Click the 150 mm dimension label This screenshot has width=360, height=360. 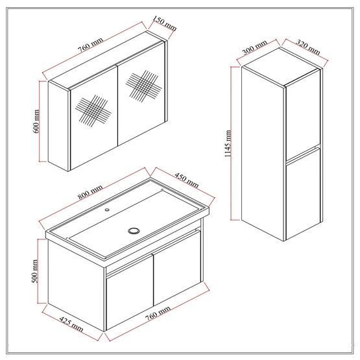point(164,23)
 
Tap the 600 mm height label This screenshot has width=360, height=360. point(36,121)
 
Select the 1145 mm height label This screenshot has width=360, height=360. point(228,143)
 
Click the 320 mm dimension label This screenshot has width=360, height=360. point(307,47)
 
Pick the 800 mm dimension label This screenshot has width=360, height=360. point(90,192)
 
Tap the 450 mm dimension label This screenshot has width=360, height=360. point(187,180)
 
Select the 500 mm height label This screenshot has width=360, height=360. point(35,271)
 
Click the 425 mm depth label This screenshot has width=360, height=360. point(71,324)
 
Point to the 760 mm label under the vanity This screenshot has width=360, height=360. point(158,313)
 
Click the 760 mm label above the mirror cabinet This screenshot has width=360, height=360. point(90,45)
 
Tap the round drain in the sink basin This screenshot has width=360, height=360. point(134,230)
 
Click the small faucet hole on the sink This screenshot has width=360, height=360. point(107,210)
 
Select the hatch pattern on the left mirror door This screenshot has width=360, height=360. point(93,111)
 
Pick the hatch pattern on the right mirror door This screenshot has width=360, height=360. point(143,86)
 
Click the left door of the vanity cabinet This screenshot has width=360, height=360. point(130,293)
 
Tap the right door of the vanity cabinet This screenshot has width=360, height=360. point(177,268)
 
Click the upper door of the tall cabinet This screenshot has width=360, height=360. point(303,114)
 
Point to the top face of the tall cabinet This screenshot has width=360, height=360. point(282,67)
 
